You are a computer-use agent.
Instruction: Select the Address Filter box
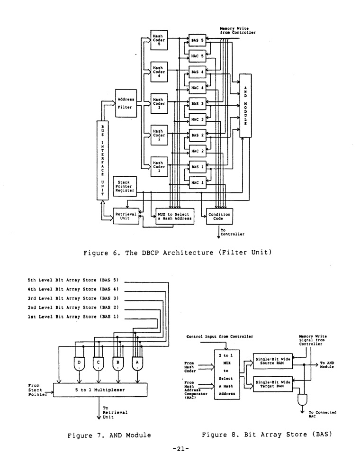[x=125, y=103]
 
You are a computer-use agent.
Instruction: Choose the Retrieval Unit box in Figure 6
[x=126, y=216]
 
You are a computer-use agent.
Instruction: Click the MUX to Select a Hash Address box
[x=175, y=216]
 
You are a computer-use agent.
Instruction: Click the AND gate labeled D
[x=79, y=363]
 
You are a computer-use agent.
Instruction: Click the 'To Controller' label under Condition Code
[x=233, y=232]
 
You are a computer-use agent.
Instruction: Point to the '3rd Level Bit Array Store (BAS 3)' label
[x=73, y=298]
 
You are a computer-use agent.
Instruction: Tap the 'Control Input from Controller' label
[x=220, y=336]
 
